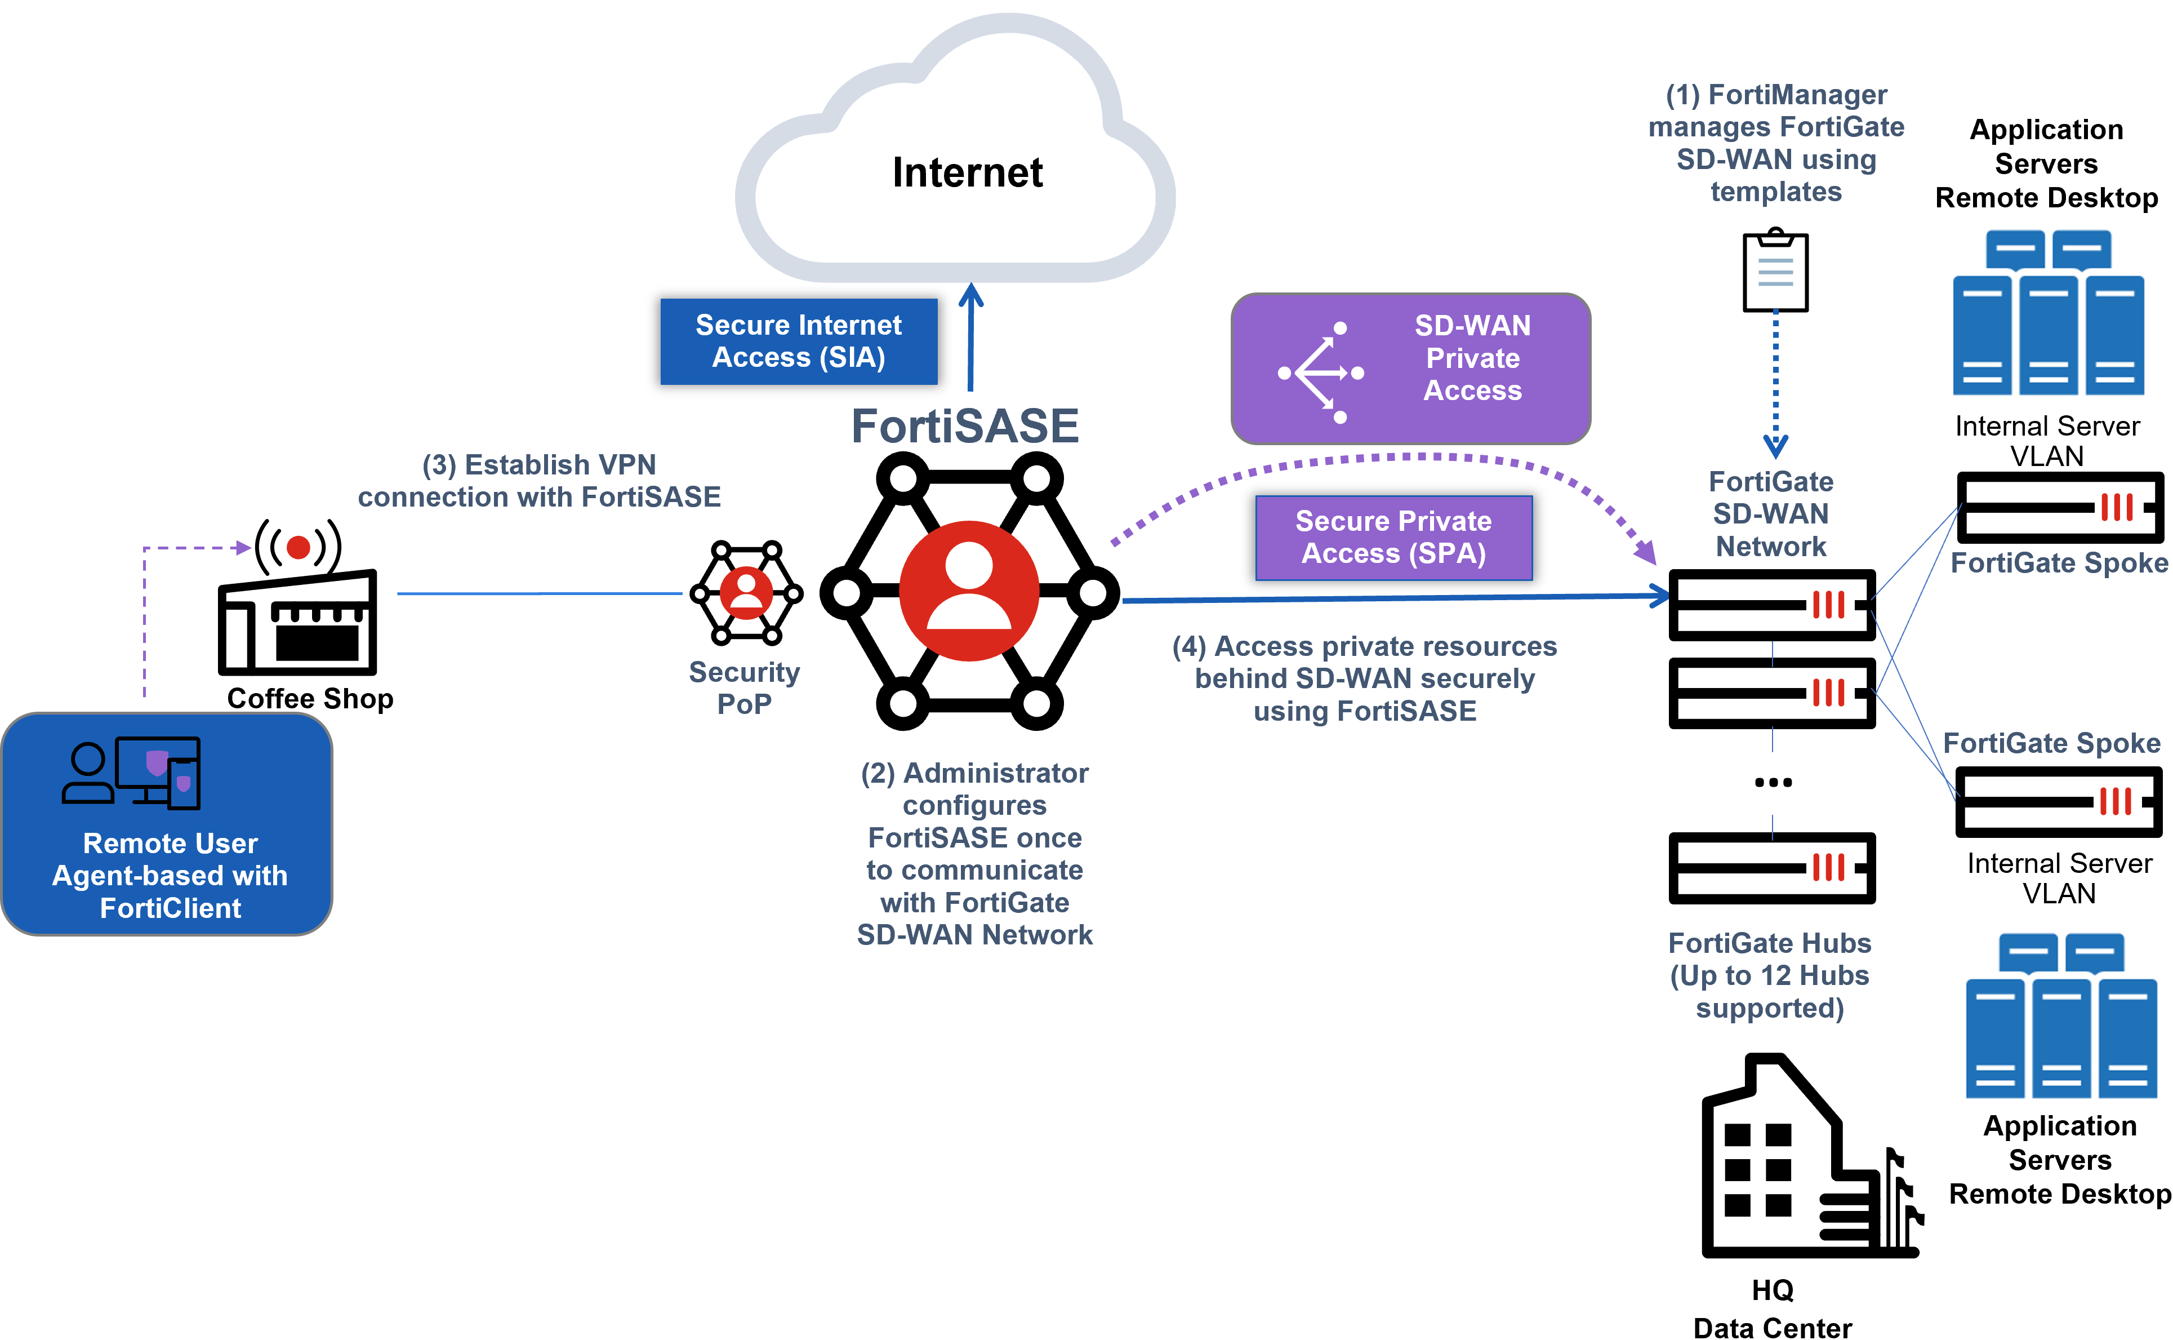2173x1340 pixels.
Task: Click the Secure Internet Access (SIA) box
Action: (798, 341)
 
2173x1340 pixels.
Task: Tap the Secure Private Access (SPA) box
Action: (1393, 537)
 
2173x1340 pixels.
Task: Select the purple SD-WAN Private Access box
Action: (1410, 368)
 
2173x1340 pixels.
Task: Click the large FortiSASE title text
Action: (965, 426)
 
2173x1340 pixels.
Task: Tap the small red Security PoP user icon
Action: (746, 593)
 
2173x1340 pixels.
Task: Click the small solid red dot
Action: (299, 548)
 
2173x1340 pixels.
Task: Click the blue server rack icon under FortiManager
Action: (2047, 312)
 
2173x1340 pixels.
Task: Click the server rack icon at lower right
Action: (2060, 1015)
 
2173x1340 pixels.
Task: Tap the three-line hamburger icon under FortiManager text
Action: (1775, 272)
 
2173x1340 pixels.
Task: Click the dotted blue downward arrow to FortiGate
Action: (1775, 381)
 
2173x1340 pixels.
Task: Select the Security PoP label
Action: (744, 687)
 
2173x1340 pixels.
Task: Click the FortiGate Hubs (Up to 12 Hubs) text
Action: (1769, 975)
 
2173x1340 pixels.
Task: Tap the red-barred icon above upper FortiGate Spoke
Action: (2118, 509)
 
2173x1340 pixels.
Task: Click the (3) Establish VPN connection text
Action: (538, 480)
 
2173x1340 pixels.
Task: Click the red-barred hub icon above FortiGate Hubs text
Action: (1829, 868)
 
